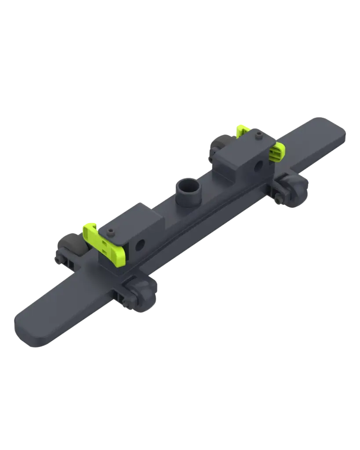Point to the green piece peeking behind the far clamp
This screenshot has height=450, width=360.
pos(242,130)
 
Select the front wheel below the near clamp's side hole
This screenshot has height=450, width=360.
pos(141,295)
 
